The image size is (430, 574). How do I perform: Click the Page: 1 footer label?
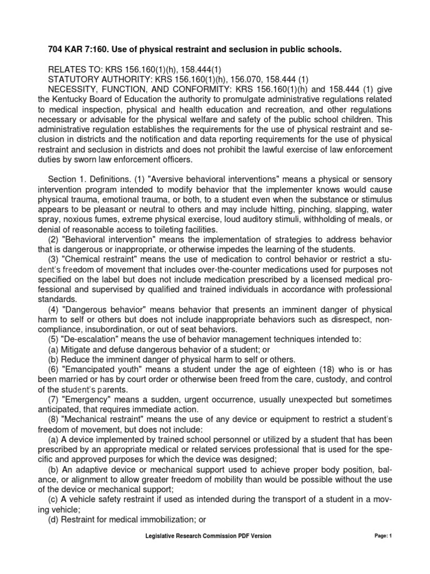[384, 536]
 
